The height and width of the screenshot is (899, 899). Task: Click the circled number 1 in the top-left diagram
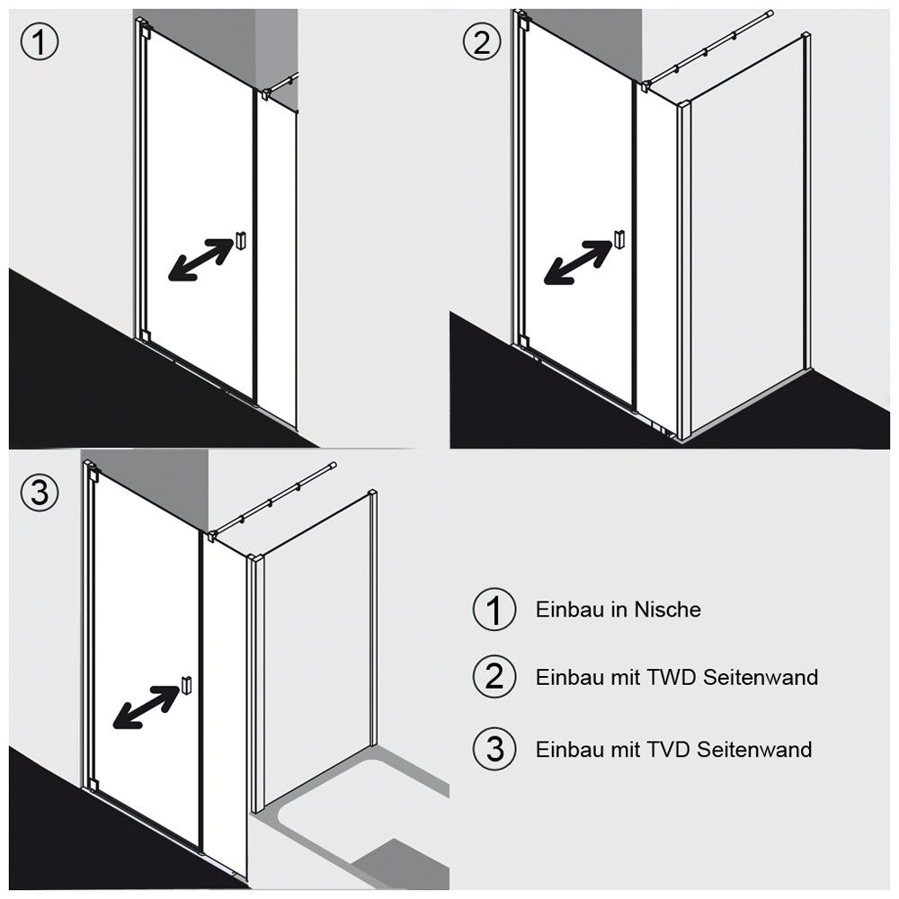point(40,42)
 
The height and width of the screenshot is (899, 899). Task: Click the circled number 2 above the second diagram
point(482,42)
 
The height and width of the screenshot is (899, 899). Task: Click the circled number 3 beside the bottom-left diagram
point(40,493)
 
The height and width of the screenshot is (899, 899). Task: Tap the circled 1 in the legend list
point(494,610)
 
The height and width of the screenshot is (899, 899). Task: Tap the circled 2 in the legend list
point(494,677)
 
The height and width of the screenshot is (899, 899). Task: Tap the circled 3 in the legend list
point(494,749)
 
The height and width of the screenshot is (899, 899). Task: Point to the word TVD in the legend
point(669,750)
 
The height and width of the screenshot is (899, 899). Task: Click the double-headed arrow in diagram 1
point(200,260)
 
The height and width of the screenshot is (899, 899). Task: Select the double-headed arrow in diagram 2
point(577,262)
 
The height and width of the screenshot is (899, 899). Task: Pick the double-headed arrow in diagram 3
point(147,707)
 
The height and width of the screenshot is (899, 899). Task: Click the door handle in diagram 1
point(241,240)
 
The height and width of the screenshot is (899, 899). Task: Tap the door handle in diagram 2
point(618,239)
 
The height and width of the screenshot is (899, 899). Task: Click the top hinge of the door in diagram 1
point(144,28)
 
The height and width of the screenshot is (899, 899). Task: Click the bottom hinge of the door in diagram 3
point(93,785)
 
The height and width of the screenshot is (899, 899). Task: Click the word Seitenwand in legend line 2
point(761,677)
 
